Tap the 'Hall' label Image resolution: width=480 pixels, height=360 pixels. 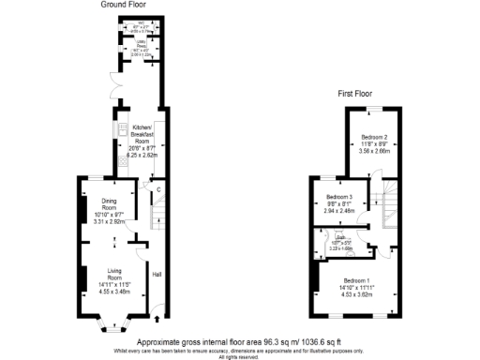(x=157, y=274)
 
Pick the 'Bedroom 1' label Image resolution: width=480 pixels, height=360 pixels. (x=357, y=281)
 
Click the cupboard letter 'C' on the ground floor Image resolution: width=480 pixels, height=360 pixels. (x=158, y=189)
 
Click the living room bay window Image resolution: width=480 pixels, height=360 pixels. (x=114, y=327)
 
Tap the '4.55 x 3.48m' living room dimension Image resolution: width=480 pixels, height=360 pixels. (x=115, y=292)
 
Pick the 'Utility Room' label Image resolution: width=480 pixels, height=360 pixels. (x=137, y=44)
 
